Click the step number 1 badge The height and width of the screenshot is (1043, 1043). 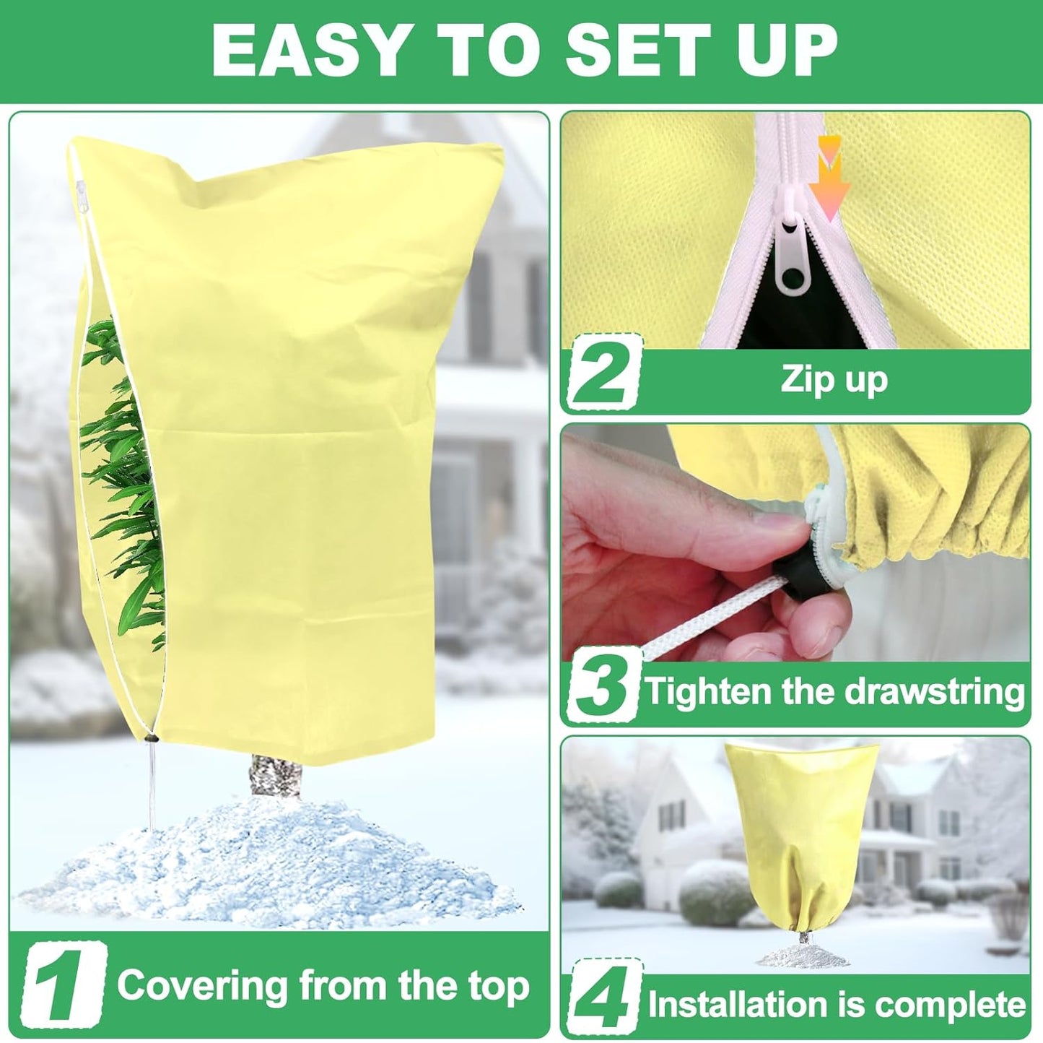(64, 987)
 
